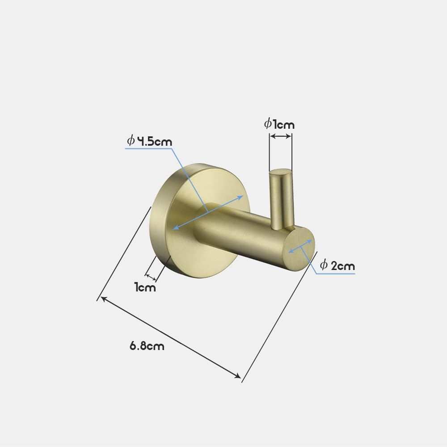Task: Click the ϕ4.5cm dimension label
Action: coord(149,141)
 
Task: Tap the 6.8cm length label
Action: coord(147,346)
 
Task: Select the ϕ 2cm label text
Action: coord(337,266)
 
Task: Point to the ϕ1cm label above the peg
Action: coord(279,123)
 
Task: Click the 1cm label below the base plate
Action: coord(145,287)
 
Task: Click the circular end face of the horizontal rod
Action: coord(300,247)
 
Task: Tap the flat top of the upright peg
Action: coord(280,171)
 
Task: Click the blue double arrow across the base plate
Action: coord(208,212)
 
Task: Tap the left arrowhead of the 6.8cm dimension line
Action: coord(103,298)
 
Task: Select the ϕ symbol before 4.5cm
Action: coord(131,141)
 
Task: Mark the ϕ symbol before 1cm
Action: coord(267,123)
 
